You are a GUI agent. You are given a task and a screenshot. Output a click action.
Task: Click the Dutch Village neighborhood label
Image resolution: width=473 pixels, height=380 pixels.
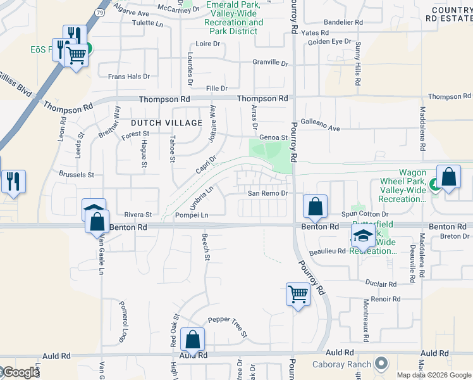click(x=167, y=122)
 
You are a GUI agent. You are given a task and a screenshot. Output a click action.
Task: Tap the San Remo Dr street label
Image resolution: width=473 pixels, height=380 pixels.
click(x=267, y=193)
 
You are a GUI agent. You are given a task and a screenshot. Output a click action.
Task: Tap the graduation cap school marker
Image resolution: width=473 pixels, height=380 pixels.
click(x=363, y=236)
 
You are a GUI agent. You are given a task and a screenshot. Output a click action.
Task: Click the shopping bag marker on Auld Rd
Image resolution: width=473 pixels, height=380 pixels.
click(x=192, y=339)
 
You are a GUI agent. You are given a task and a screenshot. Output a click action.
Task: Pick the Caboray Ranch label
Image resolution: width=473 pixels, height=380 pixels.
click(x=342, y=365)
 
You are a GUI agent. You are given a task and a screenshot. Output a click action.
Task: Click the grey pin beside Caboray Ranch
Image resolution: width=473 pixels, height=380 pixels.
click(x=381, y=364)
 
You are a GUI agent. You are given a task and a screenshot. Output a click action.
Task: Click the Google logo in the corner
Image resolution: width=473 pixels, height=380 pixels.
click(x=20, y=372)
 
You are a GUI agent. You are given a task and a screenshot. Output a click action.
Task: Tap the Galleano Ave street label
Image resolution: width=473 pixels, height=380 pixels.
click(x=320, y=129)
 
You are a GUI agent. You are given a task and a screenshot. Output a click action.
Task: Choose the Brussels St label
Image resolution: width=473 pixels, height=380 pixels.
click(x=77, y=174)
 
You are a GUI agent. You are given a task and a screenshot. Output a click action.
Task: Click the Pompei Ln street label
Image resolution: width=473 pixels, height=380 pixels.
click(x=192, y=215)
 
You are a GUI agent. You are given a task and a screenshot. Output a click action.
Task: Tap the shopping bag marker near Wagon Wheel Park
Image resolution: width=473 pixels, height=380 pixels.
click(x=448, y=177)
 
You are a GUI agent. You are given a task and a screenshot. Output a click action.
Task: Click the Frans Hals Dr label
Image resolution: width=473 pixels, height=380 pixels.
click(x=129, y=77)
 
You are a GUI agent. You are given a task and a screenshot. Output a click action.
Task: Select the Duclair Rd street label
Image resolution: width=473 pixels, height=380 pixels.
click(x=381, y=284)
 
